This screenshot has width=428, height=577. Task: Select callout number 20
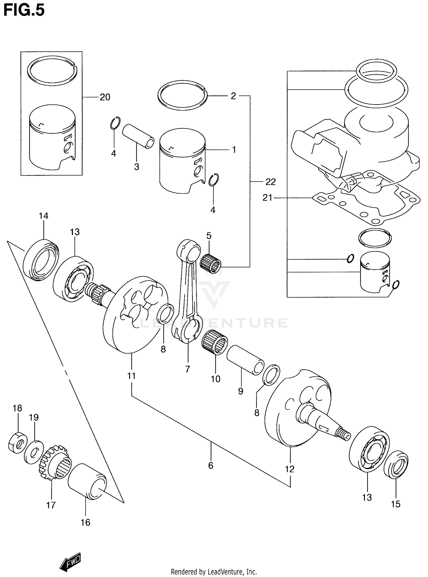click(x=105, y=97)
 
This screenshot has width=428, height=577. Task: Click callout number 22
click(x=270, y=182)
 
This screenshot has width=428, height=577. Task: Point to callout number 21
click(x=267, y=197)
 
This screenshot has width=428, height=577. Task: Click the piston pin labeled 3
click(x=138, y=136)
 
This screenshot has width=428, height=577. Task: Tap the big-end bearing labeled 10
click(x=215, y=342)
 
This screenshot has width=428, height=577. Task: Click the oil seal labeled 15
click(x=396, y=464)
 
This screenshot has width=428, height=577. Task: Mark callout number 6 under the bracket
click(x=211, y=466)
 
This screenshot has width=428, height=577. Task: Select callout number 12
click(x=290, y=469)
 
